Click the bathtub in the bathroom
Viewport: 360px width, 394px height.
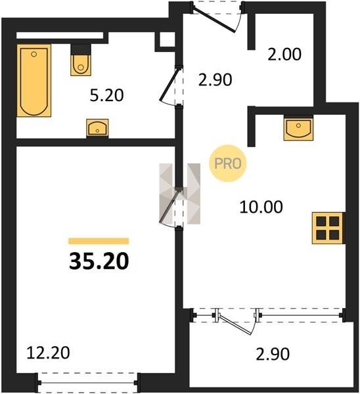click(x=34, y=80)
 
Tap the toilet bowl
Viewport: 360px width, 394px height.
click(x=81, y=65)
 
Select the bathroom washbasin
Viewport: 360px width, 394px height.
click(x=97, y=127)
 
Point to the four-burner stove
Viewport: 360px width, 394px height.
click(x=328, y=228)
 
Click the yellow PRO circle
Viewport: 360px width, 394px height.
click(x=228, y=164)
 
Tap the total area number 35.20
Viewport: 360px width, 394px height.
click(x=99, y=261)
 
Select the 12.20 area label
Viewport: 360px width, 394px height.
click(x=48, y=353)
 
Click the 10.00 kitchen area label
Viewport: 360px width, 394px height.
click(x=261, y=207)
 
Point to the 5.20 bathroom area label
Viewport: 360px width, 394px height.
click(x=107, y=95)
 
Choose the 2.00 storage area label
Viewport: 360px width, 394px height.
click(x=284, y=55)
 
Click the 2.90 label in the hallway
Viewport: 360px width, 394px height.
click(x=215, y=80)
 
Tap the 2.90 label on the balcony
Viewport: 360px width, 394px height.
click(x=273, y=354)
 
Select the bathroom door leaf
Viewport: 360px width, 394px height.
click(x=170, y=83)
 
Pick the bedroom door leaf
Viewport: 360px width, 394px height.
click(x=170, y=206)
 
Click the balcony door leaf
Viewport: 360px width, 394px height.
click(x=235, y=324)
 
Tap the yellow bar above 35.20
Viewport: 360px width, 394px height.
click(x=99, y=241)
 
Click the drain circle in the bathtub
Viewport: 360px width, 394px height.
click(x=34, y=54)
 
